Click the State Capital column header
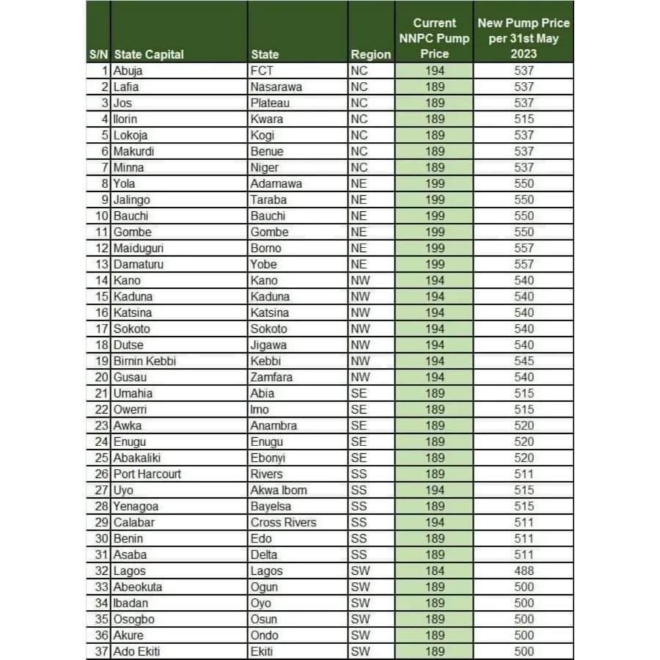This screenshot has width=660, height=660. [149, 54]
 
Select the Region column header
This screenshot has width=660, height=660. [370, 54]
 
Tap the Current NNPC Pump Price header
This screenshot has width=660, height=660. [434, 38]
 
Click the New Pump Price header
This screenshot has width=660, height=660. [524, 38]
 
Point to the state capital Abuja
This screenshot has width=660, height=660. [128, 71]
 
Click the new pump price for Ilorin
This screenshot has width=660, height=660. [524, 119]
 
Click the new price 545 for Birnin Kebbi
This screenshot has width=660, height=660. [524, 361]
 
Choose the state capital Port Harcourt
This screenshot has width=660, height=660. [147, 474]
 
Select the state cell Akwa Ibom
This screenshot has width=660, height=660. [279, 490]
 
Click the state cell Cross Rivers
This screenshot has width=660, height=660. [283, 522]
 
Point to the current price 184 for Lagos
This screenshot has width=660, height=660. [435, 571]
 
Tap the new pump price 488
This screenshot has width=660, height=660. [524, 571]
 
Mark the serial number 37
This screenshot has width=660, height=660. [101, 651]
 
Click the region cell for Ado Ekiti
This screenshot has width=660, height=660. [360, 651]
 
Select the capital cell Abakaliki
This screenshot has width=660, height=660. [136, 458]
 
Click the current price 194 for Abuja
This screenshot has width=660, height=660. [435, 71]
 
